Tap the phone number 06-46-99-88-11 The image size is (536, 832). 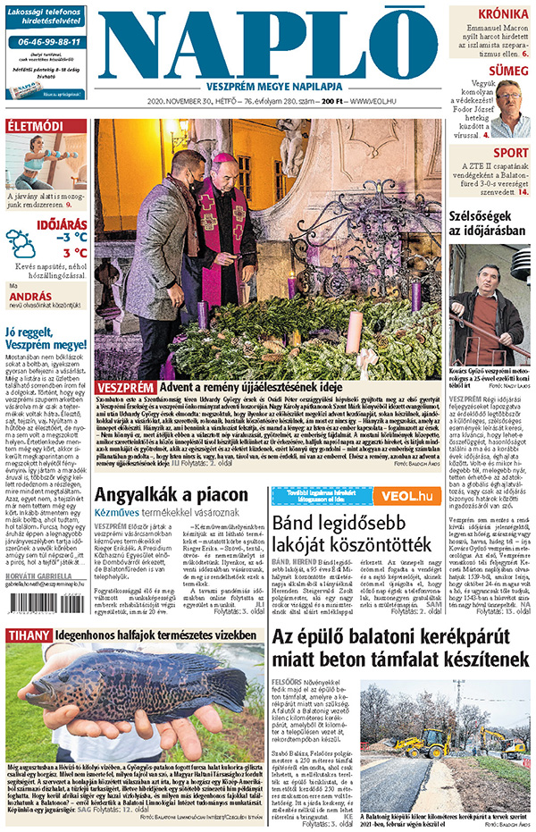[46, 42]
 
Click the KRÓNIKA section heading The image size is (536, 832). [503, 14]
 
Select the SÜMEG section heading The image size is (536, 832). [507, 71]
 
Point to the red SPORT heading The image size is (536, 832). [510, 153]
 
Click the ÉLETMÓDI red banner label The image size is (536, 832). [36, 126]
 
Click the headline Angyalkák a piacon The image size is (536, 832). [171, 495]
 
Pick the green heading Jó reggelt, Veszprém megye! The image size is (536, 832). [46, 337]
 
